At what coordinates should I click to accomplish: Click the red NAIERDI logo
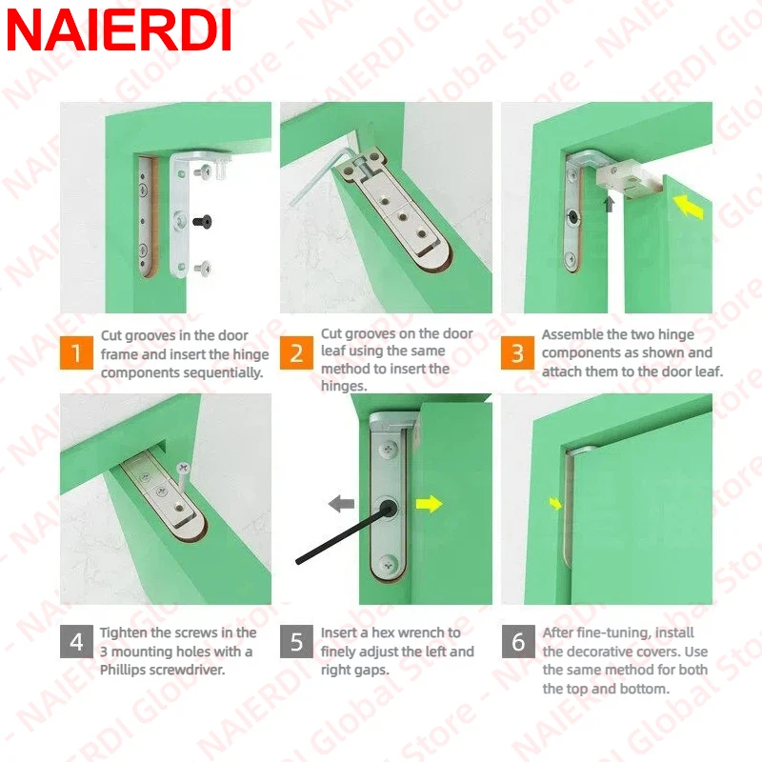tap(119, 30)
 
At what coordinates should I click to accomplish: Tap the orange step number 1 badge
tap(76, 352)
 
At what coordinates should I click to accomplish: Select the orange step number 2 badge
tap(296, 352)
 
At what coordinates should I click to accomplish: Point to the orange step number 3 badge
tap(517, 352)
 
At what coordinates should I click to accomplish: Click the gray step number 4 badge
tap(76, 641)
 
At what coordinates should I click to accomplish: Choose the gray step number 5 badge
tap(296, 641)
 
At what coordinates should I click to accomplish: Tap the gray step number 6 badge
tap(518, 641)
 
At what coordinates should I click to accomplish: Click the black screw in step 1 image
tap(202, 222)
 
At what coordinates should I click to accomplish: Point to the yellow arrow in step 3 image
tap(688, 207)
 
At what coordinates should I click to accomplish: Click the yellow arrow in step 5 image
tap(430, 504)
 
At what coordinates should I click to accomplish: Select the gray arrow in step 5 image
tap(341, 504)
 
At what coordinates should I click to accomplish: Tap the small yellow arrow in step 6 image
tap(555, 504)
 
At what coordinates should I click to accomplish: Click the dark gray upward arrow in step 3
tap(609, 204)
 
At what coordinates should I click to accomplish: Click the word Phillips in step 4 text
tap(124, 670)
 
